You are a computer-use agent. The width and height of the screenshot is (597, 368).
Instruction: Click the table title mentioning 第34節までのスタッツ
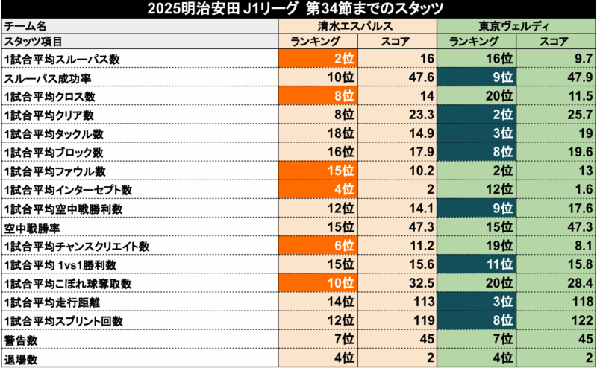(x=298, y=9)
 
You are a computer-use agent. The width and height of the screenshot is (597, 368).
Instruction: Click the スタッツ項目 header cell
(x=34, y=42)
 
